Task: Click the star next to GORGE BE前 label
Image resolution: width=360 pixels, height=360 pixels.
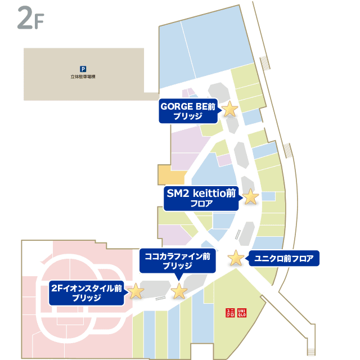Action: [x=229, y=109]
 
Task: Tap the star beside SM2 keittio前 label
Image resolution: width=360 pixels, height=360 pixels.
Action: [x=250, y=197]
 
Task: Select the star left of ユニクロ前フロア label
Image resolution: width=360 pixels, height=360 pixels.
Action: [x=236, y=258]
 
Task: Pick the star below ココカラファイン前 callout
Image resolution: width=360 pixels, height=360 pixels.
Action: [x=179, y=291]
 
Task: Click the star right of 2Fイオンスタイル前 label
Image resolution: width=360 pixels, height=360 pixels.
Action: [x=136, y=291]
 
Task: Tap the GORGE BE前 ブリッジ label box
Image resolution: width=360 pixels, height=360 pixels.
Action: [x=188, y=111]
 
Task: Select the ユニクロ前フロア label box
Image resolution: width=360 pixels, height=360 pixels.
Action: [x=283, y=259]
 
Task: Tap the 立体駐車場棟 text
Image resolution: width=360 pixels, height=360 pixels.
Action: [x=83, y=76]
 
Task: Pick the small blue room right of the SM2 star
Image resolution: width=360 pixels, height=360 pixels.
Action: [x=268, y=196]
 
